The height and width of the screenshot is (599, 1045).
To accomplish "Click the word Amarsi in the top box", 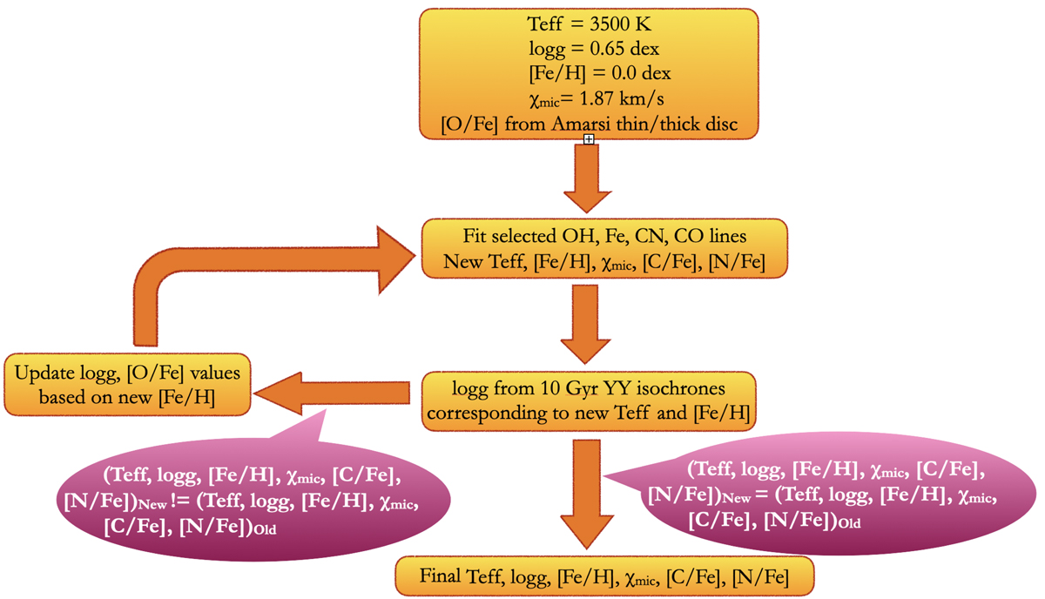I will pos(581,125).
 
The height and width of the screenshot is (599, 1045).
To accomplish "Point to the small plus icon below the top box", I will pos(590,139).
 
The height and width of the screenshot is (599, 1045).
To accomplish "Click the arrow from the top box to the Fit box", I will pos(589,178).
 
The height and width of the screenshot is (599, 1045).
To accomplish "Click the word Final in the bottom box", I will pos(442,576).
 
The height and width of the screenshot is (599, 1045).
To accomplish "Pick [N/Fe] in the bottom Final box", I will pos(759,576).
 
